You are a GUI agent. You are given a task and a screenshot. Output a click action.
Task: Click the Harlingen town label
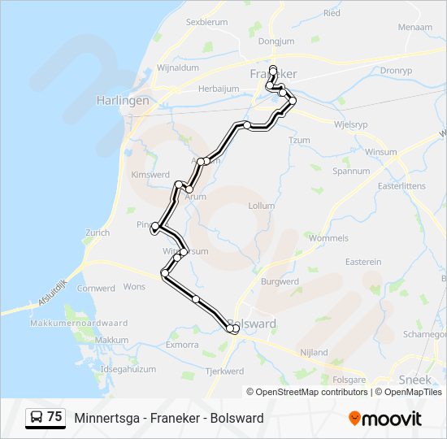click(123, 101)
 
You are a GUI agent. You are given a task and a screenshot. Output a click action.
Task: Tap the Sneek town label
click(414, 380)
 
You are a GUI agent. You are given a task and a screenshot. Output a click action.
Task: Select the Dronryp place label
click(396, 71)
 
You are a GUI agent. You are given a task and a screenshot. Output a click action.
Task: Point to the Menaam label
click(415, 27)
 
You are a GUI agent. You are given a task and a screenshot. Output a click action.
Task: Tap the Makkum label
click(112, 340)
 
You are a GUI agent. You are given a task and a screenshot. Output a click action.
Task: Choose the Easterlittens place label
click(401, 186)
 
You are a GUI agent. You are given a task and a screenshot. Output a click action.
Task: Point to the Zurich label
click(96, 233)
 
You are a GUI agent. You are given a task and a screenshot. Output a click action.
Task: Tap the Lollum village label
click(261, 206)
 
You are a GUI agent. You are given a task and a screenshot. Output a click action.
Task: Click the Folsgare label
click(349, 380)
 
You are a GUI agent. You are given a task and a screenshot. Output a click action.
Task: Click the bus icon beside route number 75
click(37, 418)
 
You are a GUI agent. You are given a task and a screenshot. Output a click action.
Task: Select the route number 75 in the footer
click(54, 417)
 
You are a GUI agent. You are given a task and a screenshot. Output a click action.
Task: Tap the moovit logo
click(385, 419)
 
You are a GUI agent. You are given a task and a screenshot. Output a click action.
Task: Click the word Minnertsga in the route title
click(104, 419)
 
